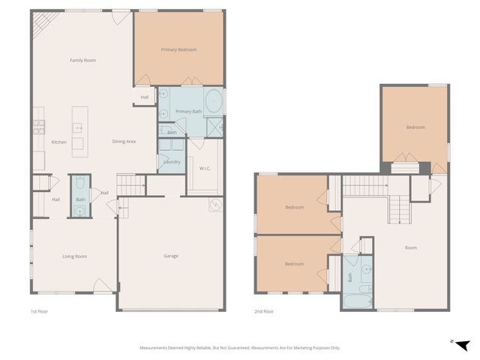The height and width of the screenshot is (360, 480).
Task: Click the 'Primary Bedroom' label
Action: tap(178, 49)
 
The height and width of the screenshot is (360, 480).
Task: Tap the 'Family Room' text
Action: tap(82, 60)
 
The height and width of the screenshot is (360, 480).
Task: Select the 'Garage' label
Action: tap(171, 256)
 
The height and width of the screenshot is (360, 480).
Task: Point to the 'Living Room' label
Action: tap(74, 256)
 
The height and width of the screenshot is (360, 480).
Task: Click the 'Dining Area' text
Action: tap(124, 142)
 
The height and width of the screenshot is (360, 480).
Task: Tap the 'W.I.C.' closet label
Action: tap(205, 168)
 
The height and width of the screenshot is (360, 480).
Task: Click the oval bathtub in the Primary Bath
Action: tap(214, 100)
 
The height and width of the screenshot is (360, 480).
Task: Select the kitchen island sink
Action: tap(78, 129)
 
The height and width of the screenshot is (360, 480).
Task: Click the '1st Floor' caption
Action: tap(39, 311)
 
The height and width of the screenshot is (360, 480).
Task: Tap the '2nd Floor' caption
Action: tap(263, 311)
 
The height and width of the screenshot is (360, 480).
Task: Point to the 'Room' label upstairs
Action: tap(410, 247)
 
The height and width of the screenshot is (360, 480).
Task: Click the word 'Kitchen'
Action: tap(58, 142)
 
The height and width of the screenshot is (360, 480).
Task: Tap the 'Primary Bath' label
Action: tap(188, 112)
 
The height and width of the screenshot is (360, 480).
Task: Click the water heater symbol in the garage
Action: tap(215, 205)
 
